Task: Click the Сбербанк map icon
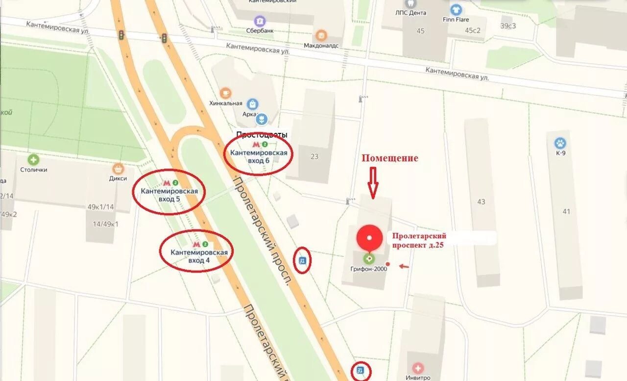coord(260,21)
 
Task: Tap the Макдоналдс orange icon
coord(321,35)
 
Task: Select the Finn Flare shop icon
coord(456,10)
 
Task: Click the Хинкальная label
coord(226,103)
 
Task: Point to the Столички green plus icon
coord(33,160)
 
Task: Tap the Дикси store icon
coord(118,169)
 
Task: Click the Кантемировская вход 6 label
coord(259,156)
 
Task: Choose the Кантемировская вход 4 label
coord(199,256)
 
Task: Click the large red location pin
coord(370,238)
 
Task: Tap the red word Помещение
coord(390,158)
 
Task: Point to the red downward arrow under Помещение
coord(373,182)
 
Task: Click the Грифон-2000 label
coord(368,269)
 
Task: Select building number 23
coord(314,157)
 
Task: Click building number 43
coord(481,202)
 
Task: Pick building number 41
coord(566,211)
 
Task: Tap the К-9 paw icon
coord(560,143)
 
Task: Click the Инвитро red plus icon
coord(417,368)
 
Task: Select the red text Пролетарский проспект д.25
coord(419,240)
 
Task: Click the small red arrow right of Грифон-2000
coord(404,266)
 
